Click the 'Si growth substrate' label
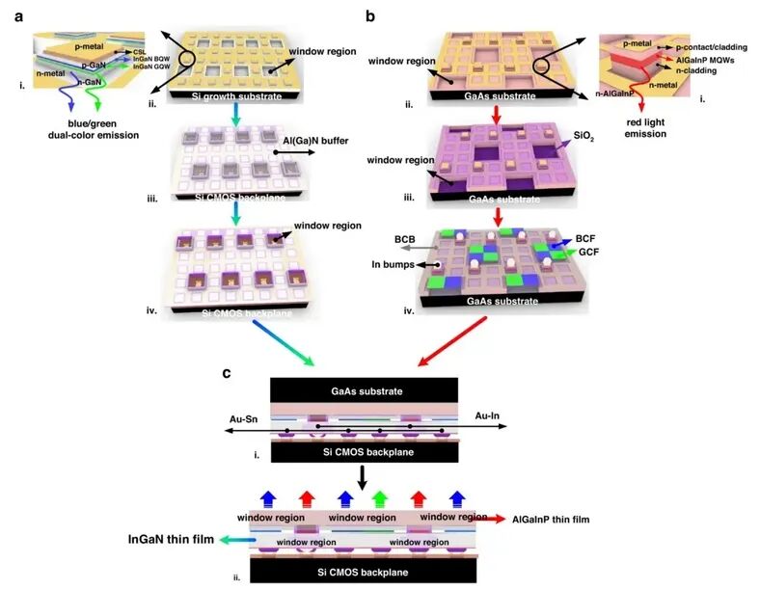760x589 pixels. pos(229,97)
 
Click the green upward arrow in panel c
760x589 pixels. pos(382,500)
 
